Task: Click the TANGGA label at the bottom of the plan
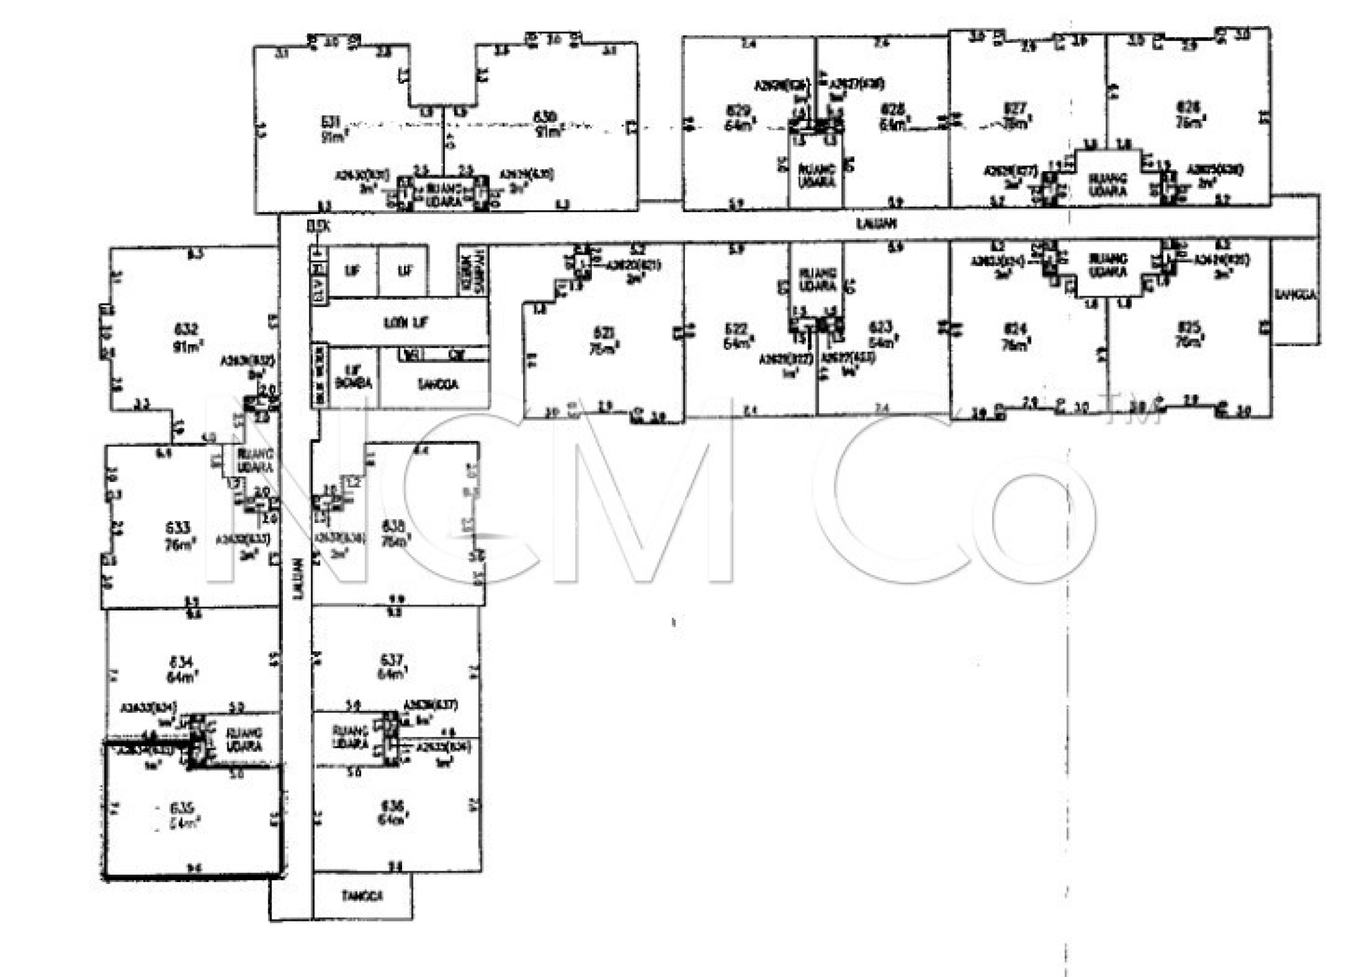[x=362, y=895]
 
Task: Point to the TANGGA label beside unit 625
[x=1295, y=295]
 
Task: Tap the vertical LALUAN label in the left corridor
[x=296, y=575]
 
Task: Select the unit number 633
[x=178, y=528]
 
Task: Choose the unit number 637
[x=391, y=660]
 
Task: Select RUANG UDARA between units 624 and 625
[x=1108, y=265]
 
